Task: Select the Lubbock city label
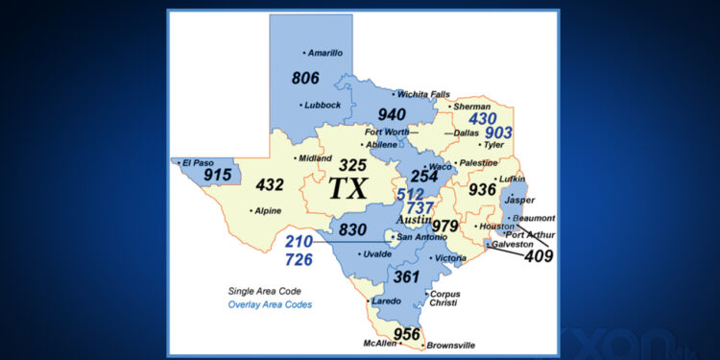click(324, 105)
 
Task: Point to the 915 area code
click(217, 176)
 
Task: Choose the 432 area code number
click(270, 184)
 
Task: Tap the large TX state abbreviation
click(348, 188)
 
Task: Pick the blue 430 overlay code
click(483, 118)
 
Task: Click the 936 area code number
click(482, 190)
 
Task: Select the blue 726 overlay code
click(299, 259)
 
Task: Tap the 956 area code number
click(407, 334)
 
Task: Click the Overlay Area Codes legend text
click(270, 304)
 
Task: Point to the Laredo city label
click(387, 300)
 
